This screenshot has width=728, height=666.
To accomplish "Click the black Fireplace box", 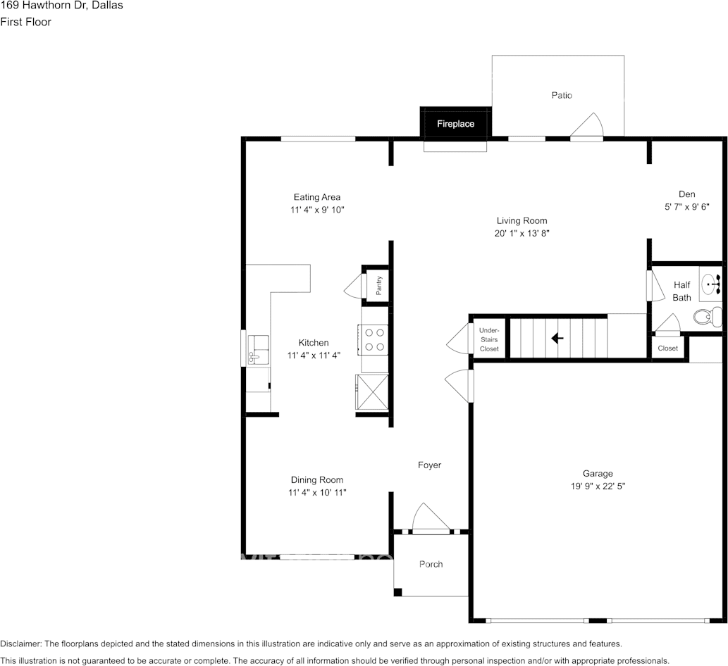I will [455, 123].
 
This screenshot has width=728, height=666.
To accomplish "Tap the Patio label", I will [562, 95].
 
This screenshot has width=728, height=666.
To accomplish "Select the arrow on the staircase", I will [557, 339].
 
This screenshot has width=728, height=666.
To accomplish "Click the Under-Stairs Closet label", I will [488, 339].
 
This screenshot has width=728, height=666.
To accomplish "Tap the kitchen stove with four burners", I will [374, 339].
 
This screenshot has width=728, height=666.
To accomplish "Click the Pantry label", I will [379, 285].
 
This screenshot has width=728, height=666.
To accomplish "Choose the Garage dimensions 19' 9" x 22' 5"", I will [598, 486].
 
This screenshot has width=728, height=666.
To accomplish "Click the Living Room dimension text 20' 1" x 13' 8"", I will [522, 233].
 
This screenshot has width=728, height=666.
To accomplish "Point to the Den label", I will [686, 194].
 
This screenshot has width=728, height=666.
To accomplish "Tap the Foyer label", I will [429, 465].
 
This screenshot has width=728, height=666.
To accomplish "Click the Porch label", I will [431, 564].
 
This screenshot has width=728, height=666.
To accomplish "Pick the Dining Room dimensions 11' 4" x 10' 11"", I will [317, 493].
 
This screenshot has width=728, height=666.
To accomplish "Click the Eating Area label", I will [317, 197].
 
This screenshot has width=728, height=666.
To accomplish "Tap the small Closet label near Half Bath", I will [667, 348].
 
